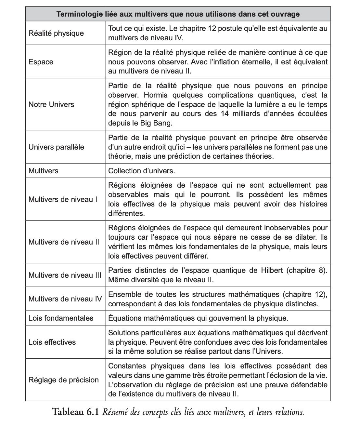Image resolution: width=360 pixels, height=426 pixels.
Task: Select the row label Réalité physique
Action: click(56, 33)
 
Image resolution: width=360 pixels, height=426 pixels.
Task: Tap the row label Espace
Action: click(41, 62)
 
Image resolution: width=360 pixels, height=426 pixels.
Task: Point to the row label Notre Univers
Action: click(51, 104)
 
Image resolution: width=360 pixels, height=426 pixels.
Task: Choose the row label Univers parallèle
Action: click(56, 147)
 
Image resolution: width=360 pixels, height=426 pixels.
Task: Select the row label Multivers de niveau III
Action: click(65, 275)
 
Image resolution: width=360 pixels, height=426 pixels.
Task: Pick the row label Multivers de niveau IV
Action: click(65, 299)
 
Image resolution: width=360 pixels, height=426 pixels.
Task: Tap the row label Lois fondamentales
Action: click(61, 318)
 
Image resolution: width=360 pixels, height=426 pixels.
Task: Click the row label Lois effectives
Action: click(52, 342)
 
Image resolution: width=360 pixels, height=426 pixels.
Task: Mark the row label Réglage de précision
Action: click(63, 380)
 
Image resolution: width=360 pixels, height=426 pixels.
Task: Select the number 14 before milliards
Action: click(225, 114)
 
